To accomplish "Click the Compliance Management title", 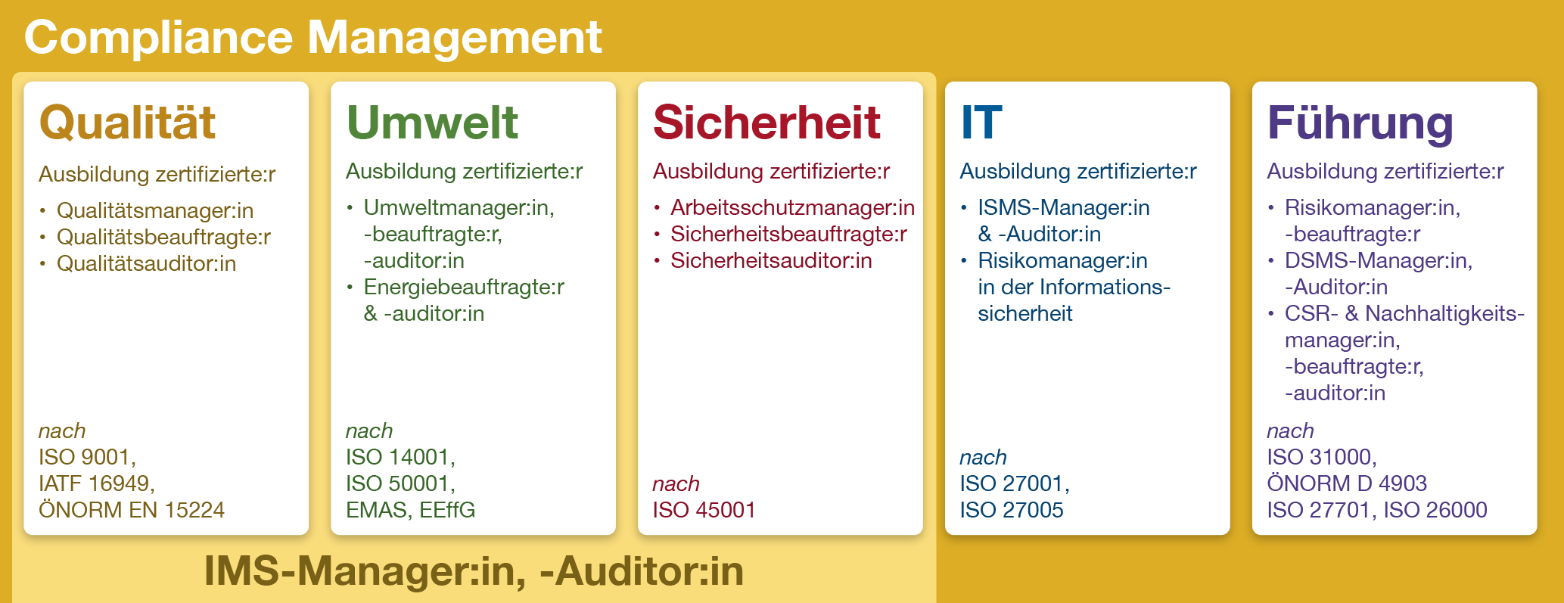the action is point(312,37).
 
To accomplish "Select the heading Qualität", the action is point(127,122).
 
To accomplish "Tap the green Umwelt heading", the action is point(432,122).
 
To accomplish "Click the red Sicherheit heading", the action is point(766,122).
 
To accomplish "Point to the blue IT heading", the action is point(981,122).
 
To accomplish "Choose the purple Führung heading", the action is point(1360,123).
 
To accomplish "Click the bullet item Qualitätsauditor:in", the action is point(146,263).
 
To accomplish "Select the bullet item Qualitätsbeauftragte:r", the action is point(163,237).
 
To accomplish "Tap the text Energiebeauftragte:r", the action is point(464,287).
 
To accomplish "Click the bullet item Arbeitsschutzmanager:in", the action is point(792,207).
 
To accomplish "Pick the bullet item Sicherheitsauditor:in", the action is point(771,260).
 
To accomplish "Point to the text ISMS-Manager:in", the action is point(1063,207).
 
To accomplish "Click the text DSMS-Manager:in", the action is point(1379,260).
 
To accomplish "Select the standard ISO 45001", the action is point(704,510).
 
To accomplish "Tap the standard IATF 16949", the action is point(97,483).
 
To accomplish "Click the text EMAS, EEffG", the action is point(410,510).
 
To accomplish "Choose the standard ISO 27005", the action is point(1011,510).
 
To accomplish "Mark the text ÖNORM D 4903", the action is point(1347,483).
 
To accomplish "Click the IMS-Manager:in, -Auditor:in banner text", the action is point(474,570).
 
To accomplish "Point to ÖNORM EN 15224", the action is point(132,509).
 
